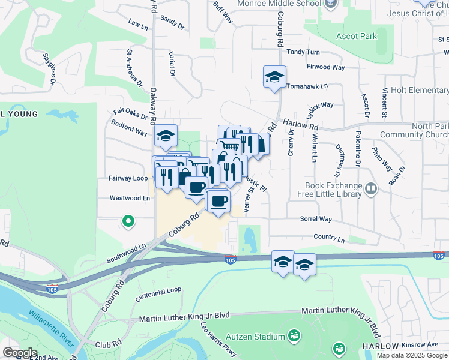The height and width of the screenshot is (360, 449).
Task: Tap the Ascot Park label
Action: tap(357, 37)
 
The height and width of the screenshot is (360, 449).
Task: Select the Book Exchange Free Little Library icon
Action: tap(372, 190)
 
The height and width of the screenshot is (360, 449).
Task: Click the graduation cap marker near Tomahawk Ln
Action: tap(274, 77)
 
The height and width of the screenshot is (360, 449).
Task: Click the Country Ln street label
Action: tap(330, 239)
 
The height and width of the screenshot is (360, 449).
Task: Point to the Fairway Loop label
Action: tap(128, 178)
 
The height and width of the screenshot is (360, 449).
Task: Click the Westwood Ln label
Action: tap(129, 198)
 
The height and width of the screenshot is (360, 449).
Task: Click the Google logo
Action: tap(20, 352)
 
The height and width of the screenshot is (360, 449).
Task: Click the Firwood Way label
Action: tap(325, 67)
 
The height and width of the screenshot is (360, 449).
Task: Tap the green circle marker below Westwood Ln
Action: tap(128, 222)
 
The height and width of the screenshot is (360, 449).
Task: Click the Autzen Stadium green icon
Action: tap(294, 335)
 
